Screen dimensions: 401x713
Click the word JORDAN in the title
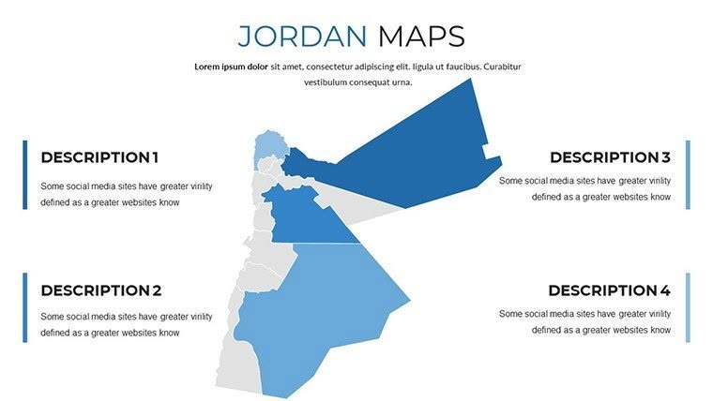click(301, 37)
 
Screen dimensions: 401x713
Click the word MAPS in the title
click(421, 37)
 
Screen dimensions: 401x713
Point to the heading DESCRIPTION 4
click(609, 290)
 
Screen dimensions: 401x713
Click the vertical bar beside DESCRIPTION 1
click(25, 174)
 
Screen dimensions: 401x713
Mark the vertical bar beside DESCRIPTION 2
click(25, 307)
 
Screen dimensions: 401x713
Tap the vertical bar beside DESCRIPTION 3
click(688, 174)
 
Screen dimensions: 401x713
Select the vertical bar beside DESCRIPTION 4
click(688, 307)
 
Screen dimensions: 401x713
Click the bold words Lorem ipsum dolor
click(231, 67)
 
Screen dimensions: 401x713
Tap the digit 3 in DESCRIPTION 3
click(665, 157)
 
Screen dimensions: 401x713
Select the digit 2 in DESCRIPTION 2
click(157, 290)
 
